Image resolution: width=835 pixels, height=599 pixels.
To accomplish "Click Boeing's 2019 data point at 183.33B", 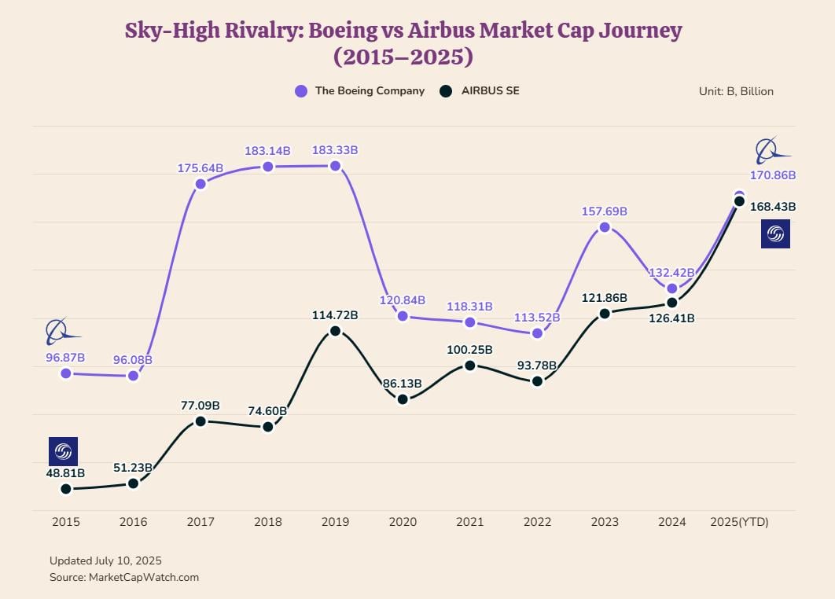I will click(335, 166).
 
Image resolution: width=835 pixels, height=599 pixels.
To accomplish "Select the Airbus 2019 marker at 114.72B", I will click(335, 331).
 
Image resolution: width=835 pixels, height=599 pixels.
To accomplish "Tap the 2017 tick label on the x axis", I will click(200, 522).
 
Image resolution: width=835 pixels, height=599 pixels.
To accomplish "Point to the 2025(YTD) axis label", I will click(738, 522).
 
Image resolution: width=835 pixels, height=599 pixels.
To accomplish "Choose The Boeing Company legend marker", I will click(301, 91).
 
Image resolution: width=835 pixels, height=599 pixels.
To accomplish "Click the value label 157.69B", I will click(604, 211).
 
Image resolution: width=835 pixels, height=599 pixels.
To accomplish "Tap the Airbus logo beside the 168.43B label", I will click(775, 234).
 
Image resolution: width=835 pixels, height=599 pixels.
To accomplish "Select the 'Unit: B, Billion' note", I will click(736, 91).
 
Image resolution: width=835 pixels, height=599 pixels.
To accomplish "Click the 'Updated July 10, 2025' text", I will click(105, 560).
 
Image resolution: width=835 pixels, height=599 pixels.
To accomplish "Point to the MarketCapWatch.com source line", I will click(123, 577).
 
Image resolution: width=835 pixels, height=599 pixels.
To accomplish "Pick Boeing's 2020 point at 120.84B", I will click(403, 316).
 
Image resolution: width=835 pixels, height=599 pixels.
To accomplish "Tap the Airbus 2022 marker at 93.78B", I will click(537, 381).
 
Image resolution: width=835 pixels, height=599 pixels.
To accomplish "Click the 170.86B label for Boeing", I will click(773, 175).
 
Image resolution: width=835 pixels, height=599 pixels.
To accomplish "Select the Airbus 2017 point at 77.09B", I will click(200, 421).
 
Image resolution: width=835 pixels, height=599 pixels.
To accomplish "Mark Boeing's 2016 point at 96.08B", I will click(133, 376).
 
